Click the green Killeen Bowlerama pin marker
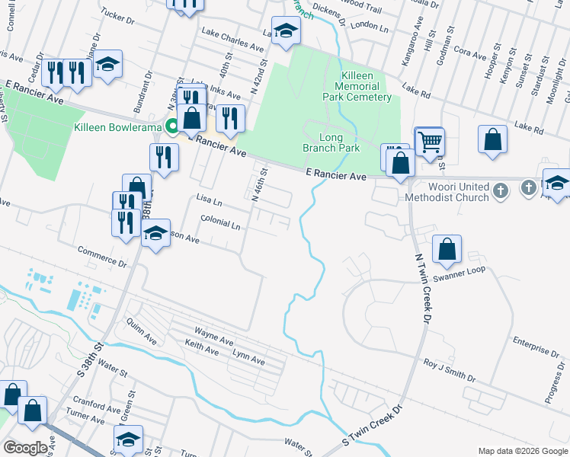(173, 126)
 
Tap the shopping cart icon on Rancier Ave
(430, 141)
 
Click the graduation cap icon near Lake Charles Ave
(286, 31)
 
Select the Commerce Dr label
(103, 256)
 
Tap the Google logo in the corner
(25, 448)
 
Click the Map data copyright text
(523, 451)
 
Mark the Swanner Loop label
(464, 270)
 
